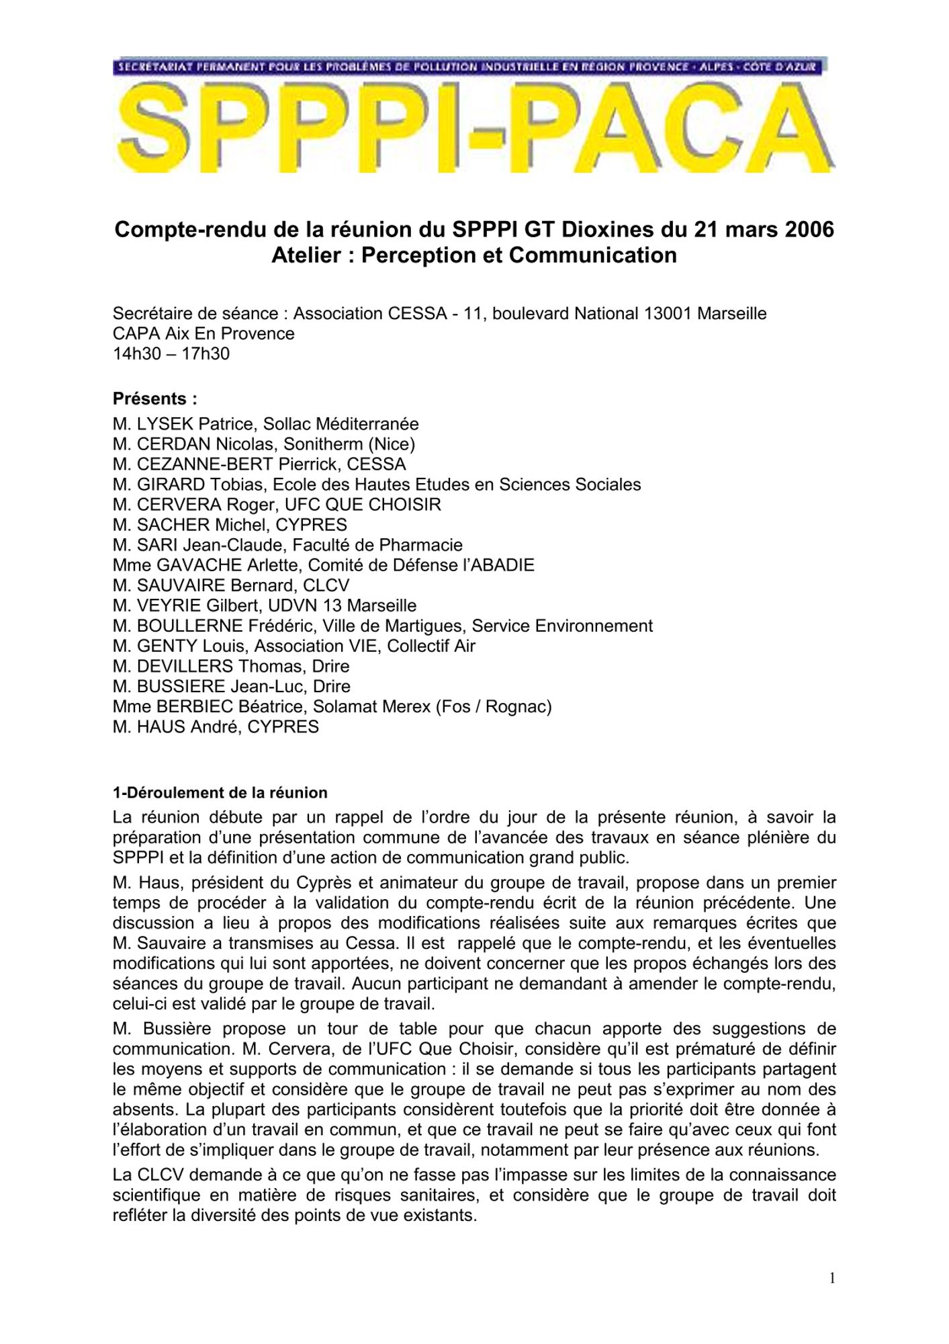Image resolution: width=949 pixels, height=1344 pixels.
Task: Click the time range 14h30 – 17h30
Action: tap(171, 354)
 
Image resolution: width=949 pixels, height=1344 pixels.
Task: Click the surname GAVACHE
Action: tap(198, 566)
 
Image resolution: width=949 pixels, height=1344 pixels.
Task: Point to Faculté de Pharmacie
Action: tap(377, 546)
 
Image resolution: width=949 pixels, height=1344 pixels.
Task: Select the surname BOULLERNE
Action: tap(190, 626)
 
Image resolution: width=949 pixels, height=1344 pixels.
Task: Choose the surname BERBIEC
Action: tap(193, 707)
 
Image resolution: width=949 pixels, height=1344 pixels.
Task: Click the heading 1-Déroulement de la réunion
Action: tap(220, 793)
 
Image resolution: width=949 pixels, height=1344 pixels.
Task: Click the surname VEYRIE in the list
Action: tap(169, 606)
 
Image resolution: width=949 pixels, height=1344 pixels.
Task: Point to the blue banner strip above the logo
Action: tap(470, 67)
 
